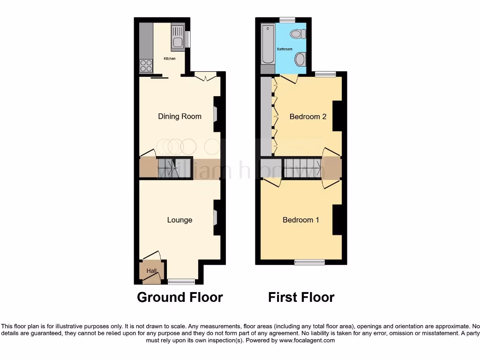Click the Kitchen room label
coord(169,59)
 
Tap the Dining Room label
coord(180,116)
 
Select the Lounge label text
coord(180,220)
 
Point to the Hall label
coord(151,271)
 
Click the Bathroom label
coord(285,49)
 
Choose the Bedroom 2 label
coord(307,116)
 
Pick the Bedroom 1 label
coord(301,220)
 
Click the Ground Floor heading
coord(180,297)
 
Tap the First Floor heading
coord(301,297)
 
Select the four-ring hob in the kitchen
coord(146,66)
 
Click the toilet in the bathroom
coord(298,34)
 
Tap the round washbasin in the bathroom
coord(300,60)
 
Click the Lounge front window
coord(181,281)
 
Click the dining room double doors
coord(205,77)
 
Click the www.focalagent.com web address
coord(307,341)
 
